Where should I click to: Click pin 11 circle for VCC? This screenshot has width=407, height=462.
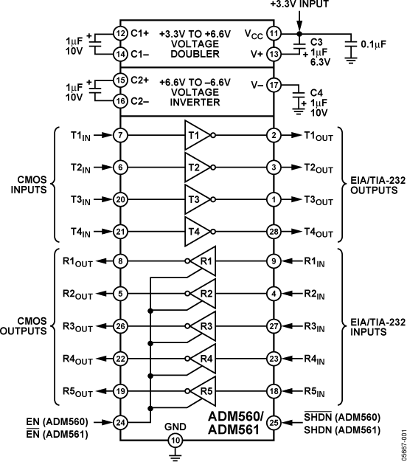pyautogui.click(x=274, y=33)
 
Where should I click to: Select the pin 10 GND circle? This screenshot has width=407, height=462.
pyautogui.click(x=175, y=441)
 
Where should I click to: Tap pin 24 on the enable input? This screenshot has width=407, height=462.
pyautogui.click(x=120, y=423)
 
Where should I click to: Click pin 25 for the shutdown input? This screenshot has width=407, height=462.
pyautogui.click(x=274, y=423)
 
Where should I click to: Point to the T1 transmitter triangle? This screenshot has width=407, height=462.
pyautogui.click(x=196, y=135)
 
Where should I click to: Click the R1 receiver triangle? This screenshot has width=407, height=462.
pyautogui.click(x=205, y=261)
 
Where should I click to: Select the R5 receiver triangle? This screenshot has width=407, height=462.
pyautogui.click(x=205, y=391)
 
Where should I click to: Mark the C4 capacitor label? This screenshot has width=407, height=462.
pyautogui.click(x=316, y=92)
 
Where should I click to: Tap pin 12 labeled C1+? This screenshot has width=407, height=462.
pyautogui.click(x=120, y=33)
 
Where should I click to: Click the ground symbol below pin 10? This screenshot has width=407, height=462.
pyautogui.click(x=175, y=457)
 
